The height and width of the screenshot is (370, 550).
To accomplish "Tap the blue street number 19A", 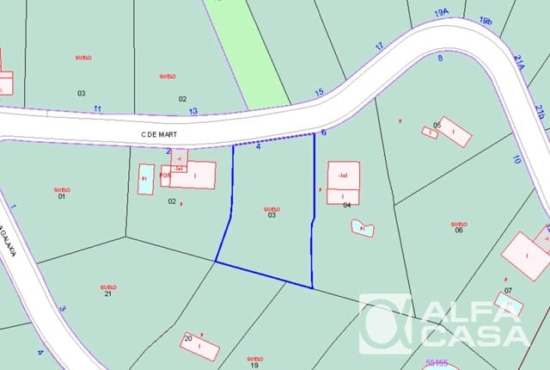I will tap(442, 13).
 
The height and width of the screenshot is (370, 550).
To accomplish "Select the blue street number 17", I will tap(379, 46).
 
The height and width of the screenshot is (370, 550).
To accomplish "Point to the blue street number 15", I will tap(320, 92).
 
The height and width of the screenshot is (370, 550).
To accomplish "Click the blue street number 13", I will tap(193, 111).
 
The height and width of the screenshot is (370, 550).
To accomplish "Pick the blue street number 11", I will tap(97, 108).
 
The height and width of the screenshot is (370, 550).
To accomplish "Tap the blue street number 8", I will tap(440, 58).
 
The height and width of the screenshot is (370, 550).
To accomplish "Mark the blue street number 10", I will tap(516, 159).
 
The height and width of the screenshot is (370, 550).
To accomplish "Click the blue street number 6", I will tap(323, 133).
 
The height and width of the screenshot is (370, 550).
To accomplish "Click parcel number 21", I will tap(108, 294).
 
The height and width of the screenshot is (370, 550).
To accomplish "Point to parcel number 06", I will tap(459, 230).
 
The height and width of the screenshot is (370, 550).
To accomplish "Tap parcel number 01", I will tap(62, 196).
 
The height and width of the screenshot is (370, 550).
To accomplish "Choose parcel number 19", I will tap(254, 365).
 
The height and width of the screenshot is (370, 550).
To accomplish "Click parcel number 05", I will tap(437, 125).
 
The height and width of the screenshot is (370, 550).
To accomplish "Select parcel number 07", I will tap(508, 290).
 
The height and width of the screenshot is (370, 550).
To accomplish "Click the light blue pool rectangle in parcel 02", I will tap(146, 179).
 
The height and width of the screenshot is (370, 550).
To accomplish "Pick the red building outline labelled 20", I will tap(200, 346).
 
